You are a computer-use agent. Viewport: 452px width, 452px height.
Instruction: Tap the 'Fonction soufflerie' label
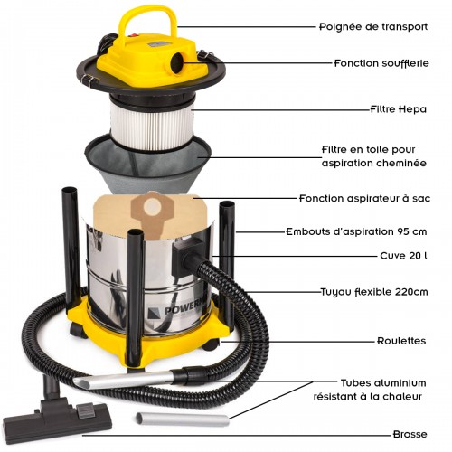pyautogui.click(x=379, y=64)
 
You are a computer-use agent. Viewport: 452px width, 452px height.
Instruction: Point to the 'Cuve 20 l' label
pyautogui.click(x=405, y=255)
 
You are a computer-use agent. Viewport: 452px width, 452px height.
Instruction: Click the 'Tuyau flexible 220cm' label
pyautogui.click(x=373, y=292)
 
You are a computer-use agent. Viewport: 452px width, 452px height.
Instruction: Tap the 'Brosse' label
pyautogui.click(x=409, y=434)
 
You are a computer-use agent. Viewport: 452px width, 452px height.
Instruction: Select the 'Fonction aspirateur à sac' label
pyautogui.click(x=363, y=198)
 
